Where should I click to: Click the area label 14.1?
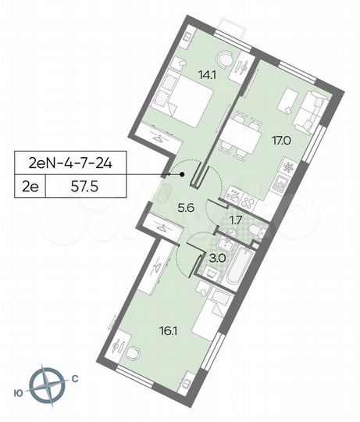tap(185, 77)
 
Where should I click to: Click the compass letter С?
tap(74, 379)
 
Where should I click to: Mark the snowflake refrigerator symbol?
tap(288, 167)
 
